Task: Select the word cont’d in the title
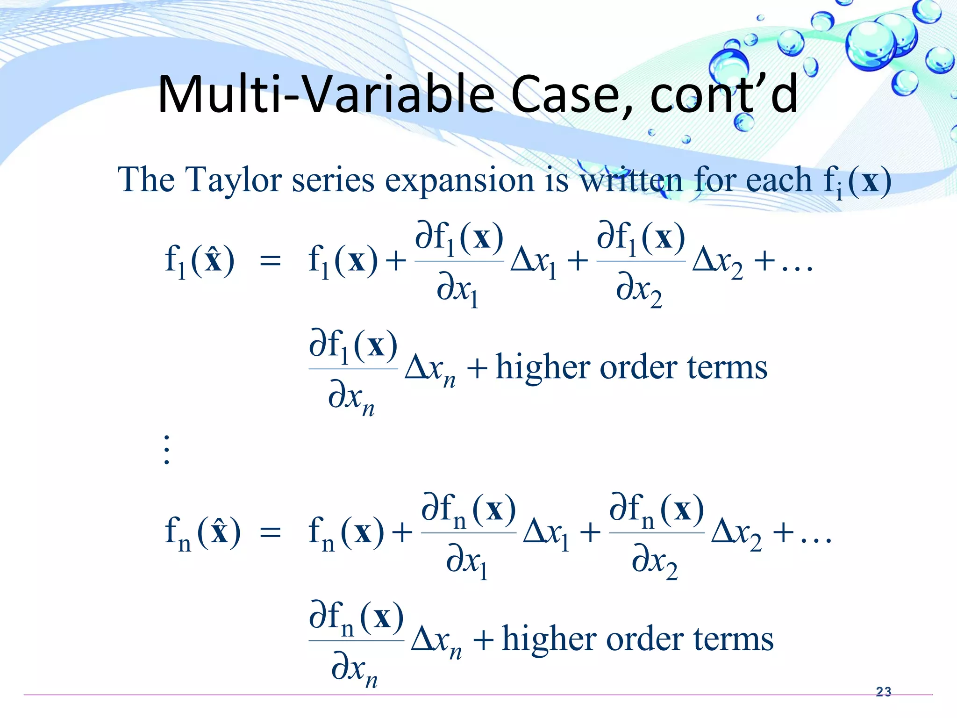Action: (x=723, y=94)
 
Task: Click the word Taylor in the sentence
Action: (x=234, y=180)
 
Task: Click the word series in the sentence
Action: (x=333, y=180)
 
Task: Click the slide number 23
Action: (x=883, y=691)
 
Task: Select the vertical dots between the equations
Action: (x=167, y=450)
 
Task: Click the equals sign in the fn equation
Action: (x=271, y=532)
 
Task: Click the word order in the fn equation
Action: (x=644, y=639)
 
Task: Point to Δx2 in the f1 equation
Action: (x=718, y=262)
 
